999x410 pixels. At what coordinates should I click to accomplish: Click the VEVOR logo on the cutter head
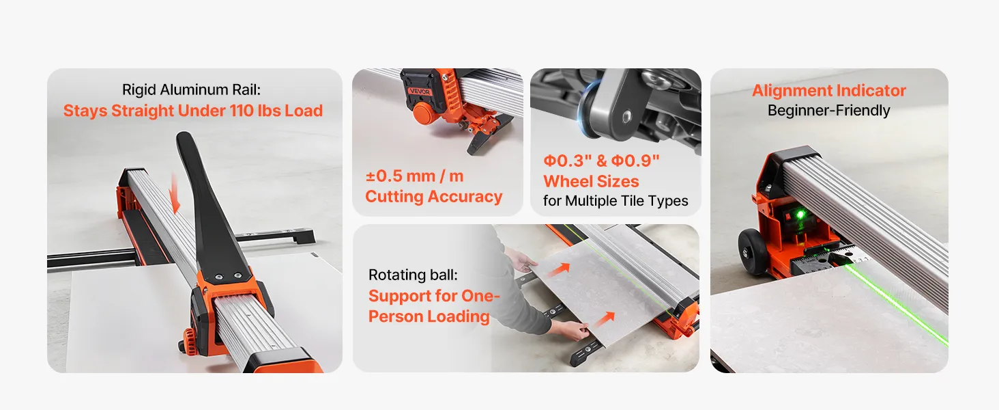click(x=420, y=91)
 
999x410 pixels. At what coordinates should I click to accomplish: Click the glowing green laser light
click(x=800, y=215)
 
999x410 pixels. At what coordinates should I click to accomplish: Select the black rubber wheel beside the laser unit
click(x=753, y=251)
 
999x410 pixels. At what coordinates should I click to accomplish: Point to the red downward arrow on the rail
click(x=175, y=193)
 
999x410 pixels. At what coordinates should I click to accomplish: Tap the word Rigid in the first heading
click(x=139, y=90)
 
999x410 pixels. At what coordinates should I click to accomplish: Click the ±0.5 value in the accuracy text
click(x=384, y=176)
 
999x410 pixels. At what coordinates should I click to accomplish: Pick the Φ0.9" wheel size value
click(x=635, y=161)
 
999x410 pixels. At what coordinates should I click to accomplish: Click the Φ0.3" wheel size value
click(x=567, y=161)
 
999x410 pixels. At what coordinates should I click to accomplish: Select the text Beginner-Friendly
click(x=828, y=110)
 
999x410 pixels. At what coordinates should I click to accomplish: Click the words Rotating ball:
click(x=413, y=275)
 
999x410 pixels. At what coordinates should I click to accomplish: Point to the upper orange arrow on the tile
click(x=559, y=269)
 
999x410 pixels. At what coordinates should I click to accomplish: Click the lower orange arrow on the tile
click(x=605, y=319)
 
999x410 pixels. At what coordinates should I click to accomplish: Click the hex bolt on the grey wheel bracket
click(x=627, y=115)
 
